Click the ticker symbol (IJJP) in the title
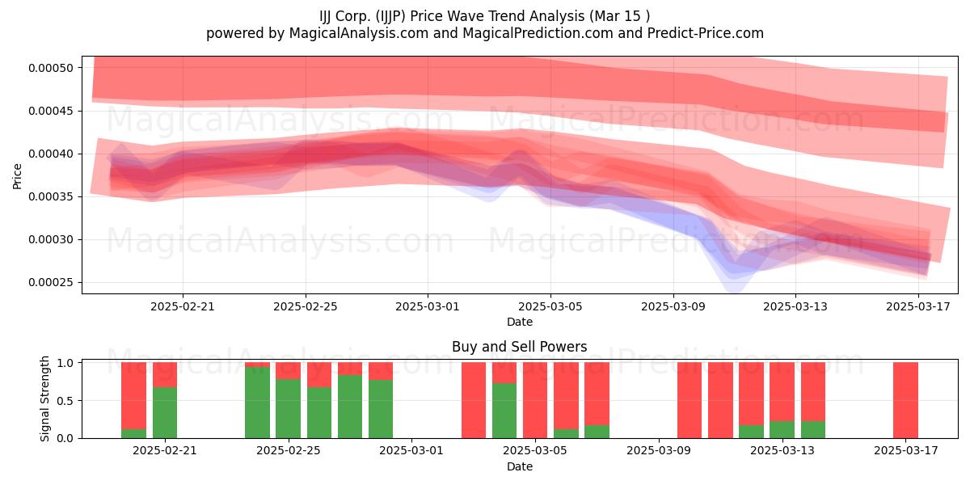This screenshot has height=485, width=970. coord(390,16)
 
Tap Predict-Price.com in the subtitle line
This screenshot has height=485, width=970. coord(706,33)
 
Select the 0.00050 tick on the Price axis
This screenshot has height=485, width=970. coord(51,68)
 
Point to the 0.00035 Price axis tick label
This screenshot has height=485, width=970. coord(51,196)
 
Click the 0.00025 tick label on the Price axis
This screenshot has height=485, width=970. coord(51,283)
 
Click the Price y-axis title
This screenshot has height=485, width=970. coord(17,176)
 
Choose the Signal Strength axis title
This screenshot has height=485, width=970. coord(44,399)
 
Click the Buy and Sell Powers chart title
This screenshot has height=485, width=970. coord(519,347)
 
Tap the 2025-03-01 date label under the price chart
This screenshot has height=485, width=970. coord(427,306)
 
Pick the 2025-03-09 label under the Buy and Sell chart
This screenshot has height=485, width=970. coord(658,450)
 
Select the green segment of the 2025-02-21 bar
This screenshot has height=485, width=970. coord(165,413)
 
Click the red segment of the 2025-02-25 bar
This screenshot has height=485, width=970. coord(288,371)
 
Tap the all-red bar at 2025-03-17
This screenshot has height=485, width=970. coord(905,400)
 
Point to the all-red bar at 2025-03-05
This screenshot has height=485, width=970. coord(535,400)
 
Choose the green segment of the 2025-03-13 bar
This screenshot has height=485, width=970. coord(782,429)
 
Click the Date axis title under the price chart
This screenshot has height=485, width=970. coord(519,322)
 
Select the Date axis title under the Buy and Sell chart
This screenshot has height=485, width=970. coord(519,466)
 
